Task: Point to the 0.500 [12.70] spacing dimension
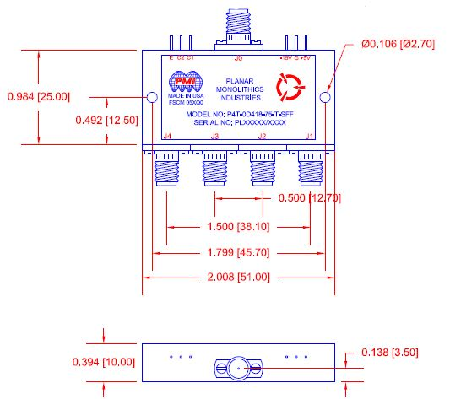[x=312, y=198]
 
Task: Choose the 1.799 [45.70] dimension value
[x=241, y=252]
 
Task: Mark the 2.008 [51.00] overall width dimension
[x=241, y=277]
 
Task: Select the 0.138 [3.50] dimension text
[x=389, y=352]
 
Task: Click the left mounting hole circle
[x=152, y=98]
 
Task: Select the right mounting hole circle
[x=326, y=98]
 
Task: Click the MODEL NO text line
[x=239, y=113]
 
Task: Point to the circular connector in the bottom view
[x=238, y=368]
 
